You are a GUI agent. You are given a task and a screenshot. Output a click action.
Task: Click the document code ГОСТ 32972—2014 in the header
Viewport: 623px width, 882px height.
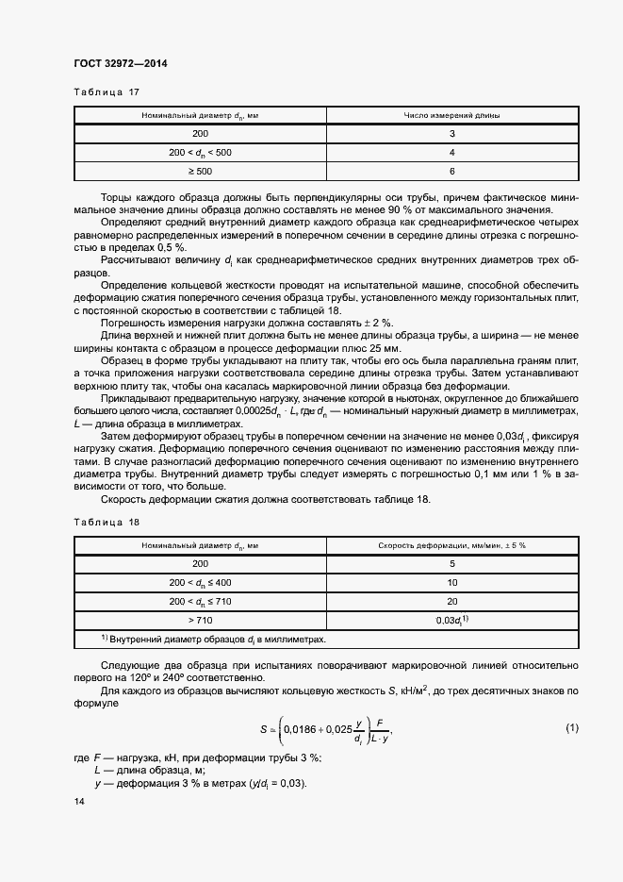pos(119,64)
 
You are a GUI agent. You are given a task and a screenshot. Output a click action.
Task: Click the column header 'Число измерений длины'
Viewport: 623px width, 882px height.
pos(452,115)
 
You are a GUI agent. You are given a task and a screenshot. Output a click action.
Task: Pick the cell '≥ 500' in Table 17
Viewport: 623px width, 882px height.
pos(200,171)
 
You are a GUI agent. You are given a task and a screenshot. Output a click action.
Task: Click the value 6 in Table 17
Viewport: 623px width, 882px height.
pos(452,171)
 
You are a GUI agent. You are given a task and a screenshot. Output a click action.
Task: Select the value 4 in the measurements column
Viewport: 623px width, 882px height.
pos(452,152)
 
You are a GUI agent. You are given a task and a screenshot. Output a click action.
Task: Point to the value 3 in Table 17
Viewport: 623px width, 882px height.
pos(452,134)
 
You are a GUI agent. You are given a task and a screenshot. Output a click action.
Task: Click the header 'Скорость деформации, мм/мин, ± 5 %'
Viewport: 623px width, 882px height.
pos(452,545)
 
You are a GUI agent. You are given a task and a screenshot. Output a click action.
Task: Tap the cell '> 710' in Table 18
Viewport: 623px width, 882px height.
pos(200,619)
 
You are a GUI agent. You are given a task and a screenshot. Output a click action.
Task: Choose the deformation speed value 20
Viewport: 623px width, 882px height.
pos(452,601)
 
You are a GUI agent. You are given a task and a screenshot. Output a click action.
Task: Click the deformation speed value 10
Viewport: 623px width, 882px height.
pos(452,582)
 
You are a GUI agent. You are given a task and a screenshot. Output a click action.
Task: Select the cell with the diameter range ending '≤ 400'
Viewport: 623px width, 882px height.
pos(200,582)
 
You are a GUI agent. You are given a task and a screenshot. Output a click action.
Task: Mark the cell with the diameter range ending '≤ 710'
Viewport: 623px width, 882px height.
pos(200,601)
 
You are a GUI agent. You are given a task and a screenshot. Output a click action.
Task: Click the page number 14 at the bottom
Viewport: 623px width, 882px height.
pos(78,801)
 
